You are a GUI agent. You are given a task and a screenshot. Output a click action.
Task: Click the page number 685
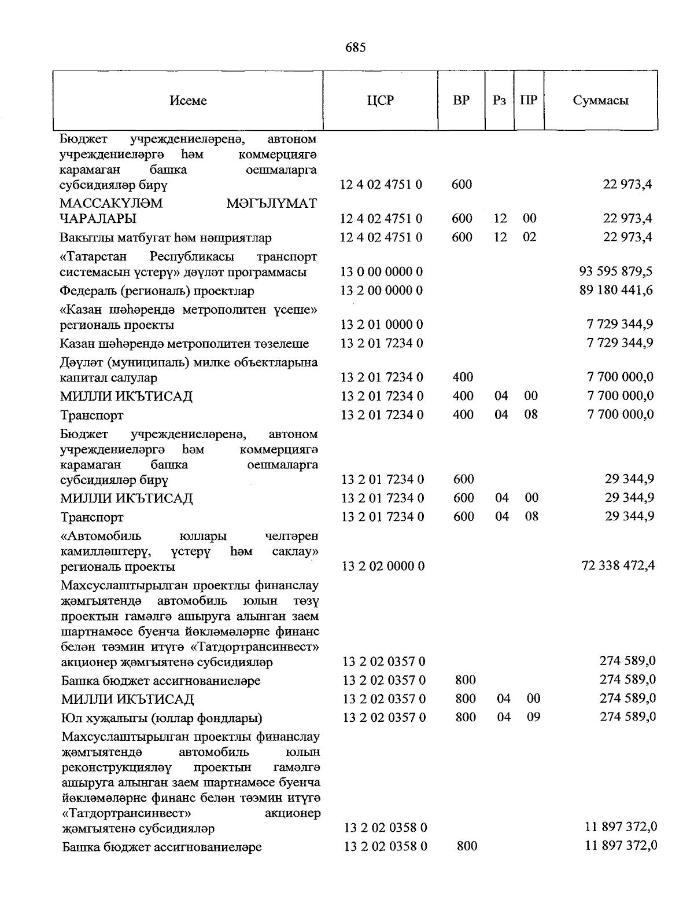pos(355,47)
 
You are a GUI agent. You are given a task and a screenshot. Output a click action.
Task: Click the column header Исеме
pos(188,101)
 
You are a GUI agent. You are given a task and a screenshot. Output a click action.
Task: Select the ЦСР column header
pos(380,101)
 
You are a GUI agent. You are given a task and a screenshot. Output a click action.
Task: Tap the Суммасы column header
pos(600,101)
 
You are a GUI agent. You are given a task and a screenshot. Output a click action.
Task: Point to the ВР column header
pos(461,101)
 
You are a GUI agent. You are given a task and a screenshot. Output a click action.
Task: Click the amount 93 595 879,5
pos(615,271)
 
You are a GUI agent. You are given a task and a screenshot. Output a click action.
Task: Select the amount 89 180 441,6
pos(615,290)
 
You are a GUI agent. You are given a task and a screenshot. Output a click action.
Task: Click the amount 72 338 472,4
pos(618,566)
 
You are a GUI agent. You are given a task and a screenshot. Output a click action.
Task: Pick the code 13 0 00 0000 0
pos(382,271)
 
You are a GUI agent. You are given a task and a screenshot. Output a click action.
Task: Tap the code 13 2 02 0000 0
pos(383,566)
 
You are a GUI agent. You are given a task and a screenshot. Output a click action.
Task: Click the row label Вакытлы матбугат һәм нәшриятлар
pos(165,238)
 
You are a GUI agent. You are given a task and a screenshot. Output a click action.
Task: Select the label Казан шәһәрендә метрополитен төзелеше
pos(184,344)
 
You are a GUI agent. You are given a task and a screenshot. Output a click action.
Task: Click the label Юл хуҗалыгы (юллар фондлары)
pos(161,718)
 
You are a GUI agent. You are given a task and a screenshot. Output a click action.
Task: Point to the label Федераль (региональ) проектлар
pos(157,291)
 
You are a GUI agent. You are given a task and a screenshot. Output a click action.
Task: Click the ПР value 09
pos(533,717)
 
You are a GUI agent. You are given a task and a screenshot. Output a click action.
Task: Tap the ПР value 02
pos(529,237)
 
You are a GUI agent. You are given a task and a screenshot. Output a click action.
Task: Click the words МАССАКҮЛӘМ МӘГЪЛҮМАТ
pos(188,203)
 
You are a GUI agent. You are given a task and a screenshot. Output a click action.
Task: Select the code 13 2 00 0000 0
pos(382,290)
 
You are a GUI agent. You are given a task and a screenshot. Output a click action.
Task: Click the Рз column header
pos(500,101)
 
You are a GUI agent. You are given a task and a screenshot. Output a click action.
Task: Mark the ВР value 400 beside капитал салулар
pos(463,377)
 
